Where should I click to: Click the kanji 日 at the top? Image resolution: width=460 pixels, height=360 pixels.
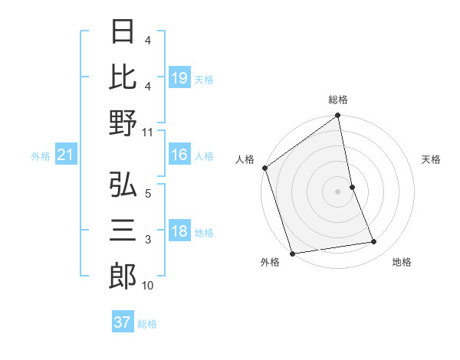coord(123,33)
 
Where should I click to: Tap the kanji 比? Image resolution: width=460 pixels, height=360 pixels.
coord(123,77)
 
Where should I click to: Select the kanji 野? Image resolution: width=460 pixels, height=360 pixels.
coord(123,123)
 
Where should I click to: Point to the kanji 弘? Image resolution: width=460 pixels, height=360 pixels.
coord(123,185)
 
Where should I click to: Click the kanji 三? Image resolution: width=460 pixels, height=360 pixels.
coord(123,231)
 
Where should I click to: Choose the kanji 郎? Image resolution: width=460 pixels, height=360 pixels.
coord(123,277)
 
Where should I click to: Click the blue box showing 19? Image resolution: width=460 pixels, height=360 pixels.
coord(179,78)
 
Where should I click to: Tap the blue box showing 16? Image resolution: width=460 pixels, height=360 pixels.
coord(179,155)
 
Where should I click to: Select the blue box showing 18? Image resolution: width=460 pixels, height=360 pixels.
coord(179,231)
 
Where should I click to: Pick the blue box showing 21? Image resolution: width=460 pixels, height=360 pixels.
coord(66,155)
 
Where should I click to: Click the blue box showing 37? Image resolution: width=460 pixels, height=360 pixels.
coord(123,322)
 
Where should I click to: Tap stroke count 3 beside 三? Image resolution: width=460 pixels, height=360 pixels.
coord(148,240)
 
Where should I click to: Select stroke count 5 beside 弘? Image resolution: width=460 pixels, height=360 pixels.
coord(148,194)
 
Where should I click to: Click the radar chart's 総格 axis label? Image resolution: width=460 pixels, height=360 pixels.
coord(338,100)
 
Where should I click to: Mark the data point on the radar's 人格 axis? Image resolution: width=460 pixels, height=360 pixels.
coord(265,168)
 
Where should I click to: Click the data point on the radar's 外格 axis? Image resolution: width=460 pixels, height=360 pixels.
coord(292,253)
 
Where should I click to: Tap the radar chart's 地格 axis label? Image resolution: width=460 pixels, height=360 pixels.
coord(402,263)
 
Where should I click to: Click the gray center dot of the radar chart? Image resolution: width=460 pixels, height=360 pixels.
coord(338,191)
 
